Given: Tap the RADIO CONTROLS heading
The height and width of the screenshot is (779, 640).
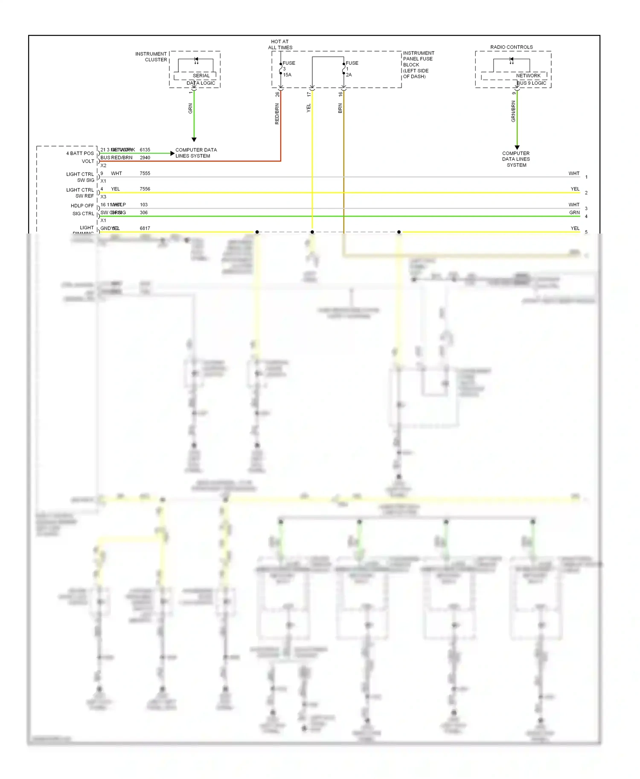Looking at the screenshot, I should (511, 47).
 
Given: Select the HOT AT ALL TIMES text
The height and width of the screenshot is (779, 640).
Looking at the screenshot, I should (280, 45).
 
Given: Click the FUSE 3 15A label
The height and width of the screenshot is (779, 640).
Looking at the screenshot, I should (288, 69).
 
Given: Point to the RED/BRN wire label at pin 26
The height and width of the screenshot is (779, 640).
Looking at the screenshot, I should (277, 114).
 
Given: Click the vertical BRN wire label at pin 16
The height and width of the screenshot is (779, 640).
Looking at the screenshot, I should (340, 108).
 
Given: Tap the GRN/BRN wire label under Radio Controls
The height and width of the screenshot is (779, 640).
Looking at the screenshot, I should (513, 112).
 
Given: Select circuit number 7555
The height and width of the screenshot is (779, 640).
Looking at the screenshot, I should (145, 173).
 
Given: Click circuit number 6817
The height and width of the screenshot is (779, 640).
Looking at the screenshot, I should (145, 228).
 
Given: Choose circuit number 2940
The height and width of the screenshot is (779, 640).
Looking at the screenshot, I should (145, 158).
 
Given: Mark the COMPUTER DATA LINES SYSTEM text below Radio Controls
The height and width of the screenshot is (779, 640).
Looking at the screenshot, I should (516, 159).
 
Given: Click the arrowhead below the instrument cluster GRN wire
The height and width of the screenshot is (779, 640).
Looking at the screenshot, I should (194, 139).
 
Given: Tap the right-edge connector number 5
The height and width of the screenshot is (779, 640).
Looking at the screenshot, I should (586, 232).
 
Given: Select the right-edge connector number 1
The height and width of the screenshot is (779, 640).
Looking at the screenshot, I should (586, 177).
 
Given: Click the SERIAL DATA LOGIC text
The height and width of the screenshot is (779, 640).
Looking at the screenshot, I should (201, 79).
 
